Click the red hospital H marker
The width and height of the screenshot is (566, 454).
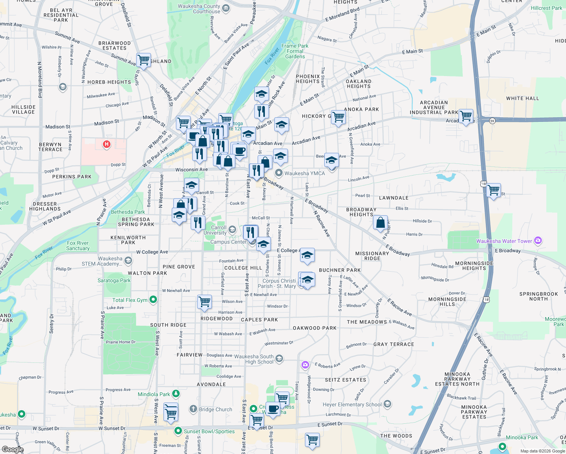(x=107, y=144)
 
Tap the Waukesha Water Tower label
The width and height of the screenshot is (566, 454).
(x=504, y=241)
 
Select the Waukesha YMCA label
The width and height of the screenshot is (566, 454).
(x=304, y=173)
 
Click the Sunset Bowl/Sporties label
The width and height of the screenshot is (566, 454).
(x=209, y=431)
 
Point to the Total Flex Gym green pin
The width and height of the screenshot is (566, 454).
(x=153, y=300)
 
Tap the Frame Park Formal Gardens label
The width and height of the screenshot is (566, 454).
(x=295, y=51)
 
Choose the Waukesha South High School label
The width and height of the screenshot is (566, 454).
(x=254, y=359)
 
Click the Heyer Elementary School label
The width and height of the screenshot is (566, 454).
(x=352, y=404)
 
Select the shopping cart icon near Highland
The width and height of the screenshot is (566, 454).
(x=144, y=59)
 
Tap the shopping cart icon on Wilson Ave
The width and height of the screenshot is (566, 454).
(x=204, y=302)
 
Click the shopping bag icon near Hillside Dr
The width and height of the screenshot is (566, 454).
(x=381, y=222)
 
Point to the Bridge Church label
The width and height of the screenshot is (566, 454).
(x=215, y=409)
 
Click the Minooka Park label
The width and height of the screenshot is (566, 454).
(x=522, y=437)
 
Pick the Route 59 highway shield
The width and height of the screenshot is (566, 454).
(x=492, y=121)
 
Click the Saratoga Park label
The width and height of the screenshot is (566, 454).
(x=114, y=280)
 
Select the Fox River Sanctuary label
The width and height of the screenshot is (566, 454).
(x=78, y=246)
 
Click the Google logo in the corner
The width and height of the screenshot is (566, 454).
(x=12, y=449)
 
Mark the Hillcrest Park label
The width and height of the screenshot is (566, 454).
(x=546, y=8)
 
